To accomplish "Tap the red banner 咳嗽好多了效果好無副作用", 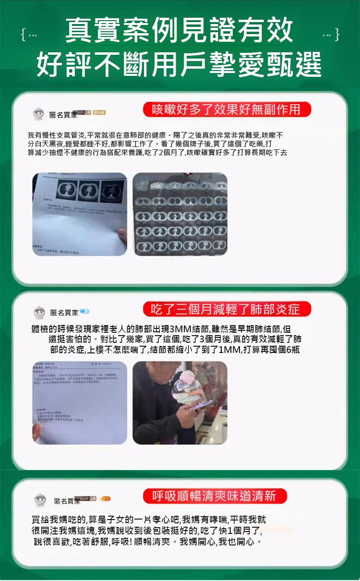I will (227, 109).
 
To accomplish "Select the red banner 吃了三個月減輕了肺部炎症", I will (227, 309).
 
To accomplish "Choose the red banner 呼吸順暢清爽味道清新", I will (215, 496).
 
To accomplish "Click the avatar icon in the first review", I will (39, 114).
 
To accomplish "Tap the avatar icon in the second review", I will (39, 313).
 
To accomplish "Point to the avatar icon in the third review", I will (40, 500).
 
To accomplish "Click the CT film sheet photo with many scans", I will (180, 214).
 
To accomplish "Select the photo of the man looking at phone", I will (180, 402).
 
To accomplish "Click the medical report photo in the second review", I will (80, 402).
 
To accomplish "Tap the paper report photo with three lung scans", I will (80, 214).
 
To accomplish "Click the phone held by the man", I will (201, 406).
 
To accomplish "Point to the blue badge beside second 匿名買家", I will (85, 312).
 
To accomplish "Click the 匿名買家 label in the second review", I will (64, 313).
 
